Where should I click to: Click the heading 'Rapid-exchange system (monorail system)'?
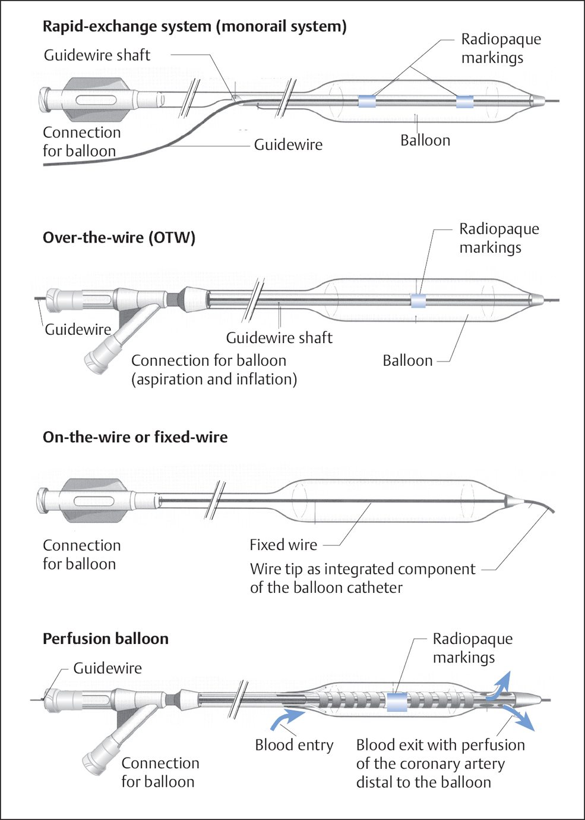coord(194,27)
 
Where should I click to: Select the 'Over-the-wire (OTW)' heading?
coord(119,238)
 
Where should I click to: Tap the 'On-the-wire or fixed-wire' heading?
coord(135,438)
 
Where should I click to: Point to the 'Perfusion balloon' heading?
coord(105,639)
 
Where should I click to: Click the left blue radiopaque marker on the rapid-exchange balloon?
coord(367,101)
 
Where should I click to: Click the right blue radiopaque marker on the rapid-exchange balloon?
coord(464,102)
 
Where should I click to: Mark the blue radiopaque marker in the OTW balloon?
coord(418,300)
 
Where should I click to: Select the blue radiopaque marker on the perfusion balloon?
coord(397,702)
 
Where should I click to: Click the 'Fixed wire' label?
coord(283,545)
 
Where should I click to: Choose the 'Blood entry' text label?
coord(294,745)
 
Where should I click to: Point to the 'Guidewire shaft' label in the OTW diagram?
coord(279,338)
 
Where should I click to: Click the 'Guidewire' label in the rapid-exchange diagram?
coord(288,144)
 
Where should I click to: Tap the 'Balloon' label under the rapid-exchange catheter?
coord(425,140)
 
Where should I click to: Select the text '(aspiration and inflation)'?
coord(214,379)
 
